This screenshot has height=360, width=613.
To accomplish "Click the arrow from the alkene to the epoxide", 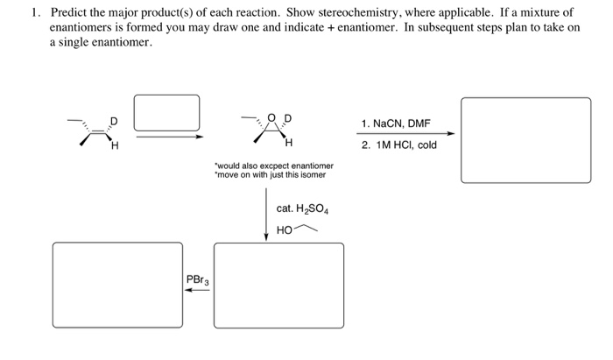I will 168,136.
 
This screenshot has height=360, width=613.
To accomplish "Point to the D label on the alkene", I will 112,121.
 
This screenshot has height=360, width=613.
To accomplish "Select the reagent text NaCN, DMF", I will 396,124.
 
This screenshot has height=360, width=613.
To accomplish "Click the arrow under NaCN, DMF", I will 405,134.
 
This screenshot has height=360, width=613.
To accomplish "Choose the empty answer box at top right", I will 525,140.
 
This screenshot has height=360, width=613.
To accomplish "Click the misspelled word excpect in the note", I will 274,166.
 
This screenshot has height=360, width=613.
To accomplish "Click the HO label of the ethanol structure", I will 283,229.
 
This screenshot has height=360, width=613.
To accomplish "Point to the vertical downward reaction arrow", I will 266,215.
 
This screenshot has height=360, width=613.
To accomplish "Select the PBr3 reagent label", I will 196,279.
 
